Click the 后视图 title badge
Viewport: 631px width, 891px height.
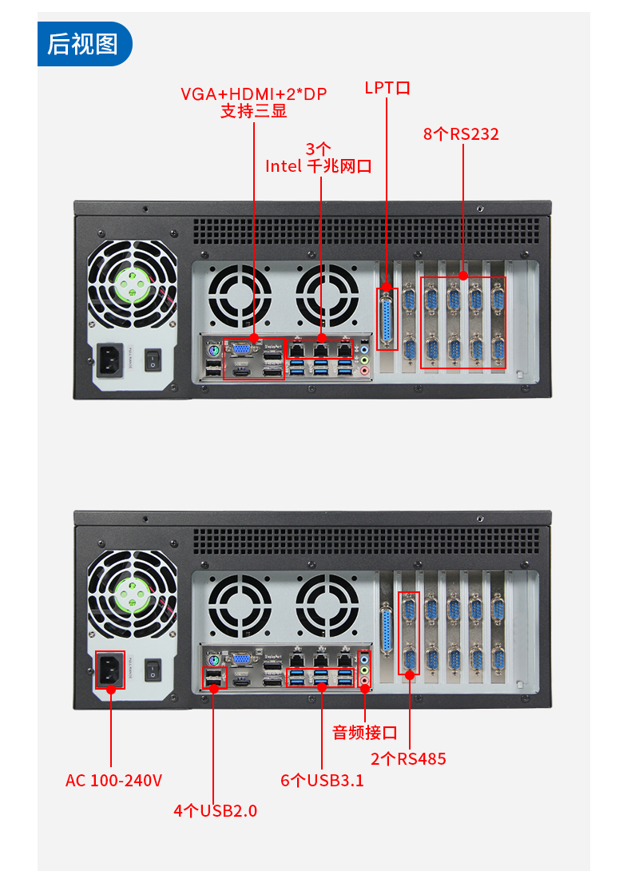point(83,44)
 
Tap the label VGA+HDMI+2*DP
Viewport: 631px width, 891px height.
point(253,93)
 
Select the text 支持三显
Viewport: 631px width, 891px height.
point(253,111)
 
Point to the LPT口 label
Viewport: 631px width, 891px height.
point(387,87)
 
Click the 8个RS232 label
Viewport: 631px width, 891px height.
point(461,134)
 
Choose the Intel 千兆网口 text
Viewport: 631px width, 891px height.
point(319,166)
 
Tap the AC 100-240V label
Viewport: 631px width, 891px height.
point(113,780)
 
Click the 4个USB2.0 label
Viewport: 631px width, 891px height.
point(216,810)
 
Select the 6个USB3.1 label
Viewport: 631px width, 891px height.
point(322,780)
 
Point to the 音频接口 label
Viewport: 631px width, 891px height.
point(365,732)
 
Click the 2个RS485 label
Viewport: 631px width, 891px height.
point(408,758)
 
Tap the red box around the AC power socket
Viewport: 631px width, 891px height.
point(111,670)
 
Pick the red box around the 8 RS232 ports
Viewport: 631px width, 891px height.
point(463,322)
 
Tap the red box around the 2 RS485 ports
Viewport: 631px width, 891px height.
point(409,633)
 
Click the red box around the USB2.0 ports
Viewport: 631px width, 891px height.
point(215,678)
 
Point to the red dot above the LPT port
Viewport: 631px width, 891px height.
point(387,285)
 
